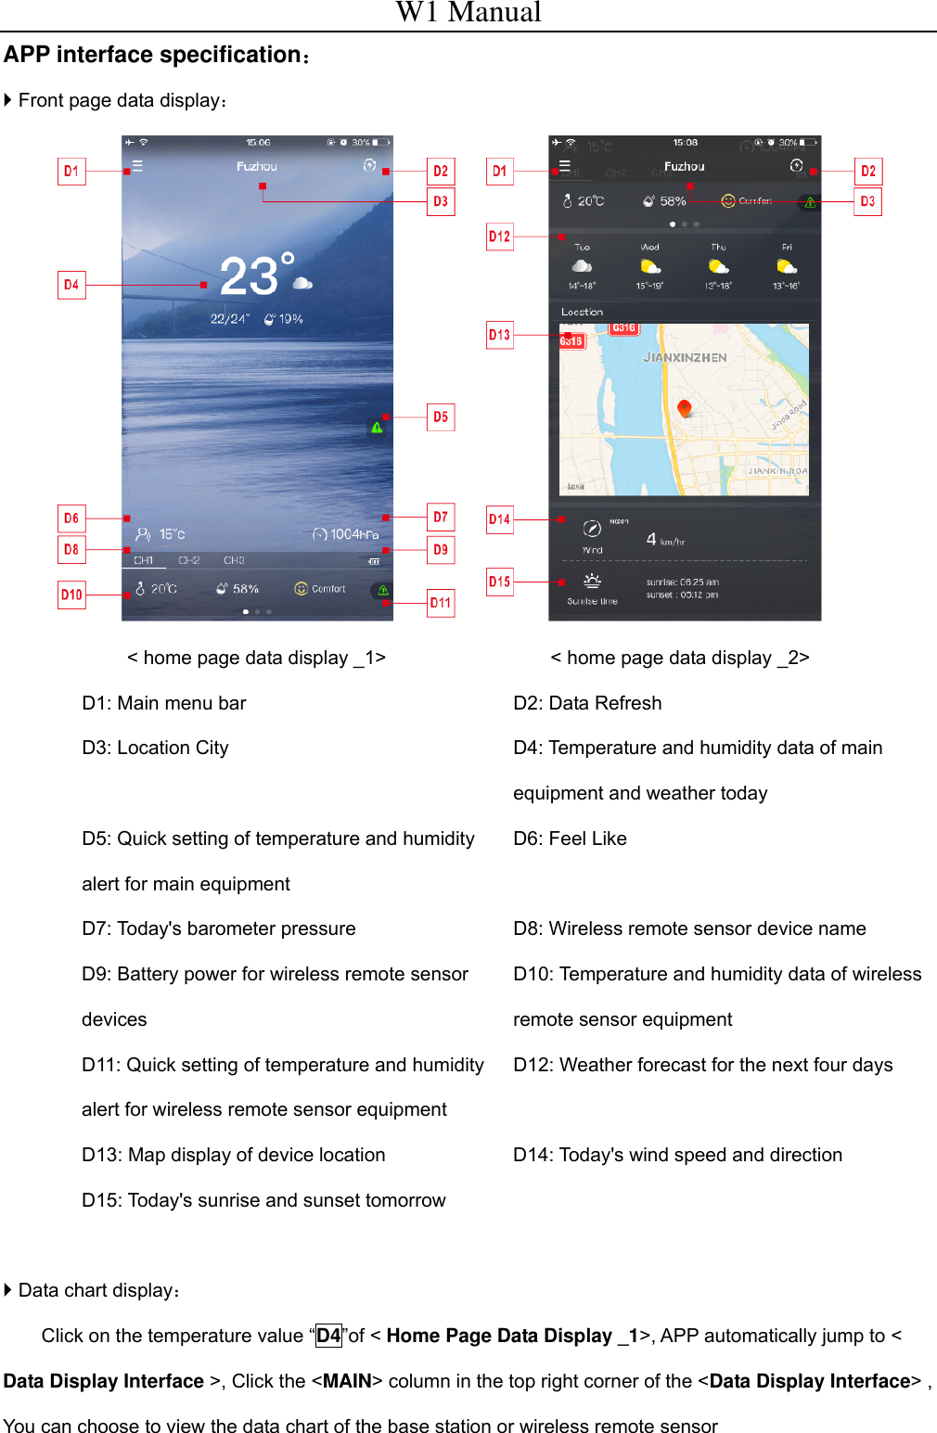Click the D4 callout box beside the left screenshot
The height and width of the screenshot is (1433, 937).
point(71,285)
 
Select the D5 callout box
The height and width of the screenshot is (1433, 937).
point(441,417)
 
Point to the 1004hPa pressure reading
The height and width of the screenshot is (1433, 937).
point(346,534)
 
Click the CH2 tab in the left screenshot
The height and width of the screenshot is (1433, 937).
point(189,560)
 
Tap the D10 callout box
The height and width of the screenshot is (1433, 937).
point(71,595)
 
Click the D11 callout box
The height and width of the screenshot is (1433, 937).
point(441,603)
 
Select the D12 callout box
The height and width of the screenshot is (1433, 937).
point(499,237)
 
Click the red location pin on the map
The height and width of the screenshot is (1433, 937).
point(685,408)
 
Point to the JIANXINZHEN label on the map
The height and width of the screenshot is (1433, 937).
point(685,357)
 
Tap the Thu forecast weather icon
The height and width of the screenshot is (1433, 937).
point(718,267)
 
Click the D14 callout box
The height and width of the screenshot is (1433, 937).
point(499,519)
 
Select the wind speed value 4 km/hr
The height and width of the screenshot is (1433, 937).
point(664,540)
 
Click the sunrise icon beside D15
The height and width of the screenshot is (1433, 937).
point(592,582)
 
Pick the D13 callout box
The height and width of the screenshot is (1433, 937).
point(499,335)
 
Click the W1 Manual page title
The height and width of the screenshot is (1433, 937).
point(468,13)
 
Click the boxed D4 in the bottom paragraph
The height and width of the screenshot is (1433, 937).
point(328,1336)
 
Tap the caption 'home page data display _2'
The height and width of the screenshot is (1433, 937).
point(679,658)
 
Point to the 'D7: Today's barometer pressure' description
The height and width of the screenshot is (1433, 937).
point(219,928)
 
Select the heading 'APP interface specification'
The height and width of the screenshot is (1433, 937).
point(153,56)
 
